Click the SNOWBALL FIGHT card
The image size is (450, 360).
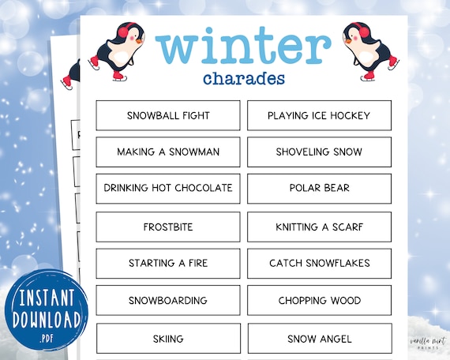click(x=168, y=115)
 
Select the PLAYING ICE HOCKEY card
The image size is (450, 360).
click(x=319, y=115)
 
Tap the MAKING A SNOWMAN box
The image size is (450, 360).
click(x=168, y=152)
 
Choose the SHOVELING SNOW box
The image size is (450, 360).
click(x=319, y=152)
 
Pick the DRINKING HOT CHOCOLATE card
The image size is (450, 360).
click(x=168, y=188)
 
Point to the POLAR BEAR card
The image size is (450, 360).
click(x=319, y=188)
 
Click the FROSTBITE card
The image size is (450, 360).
click(x=168, y=227)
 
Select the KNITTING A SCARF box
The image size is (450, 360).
click(x=319, y=227)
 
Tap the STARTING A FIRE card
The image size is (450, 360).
click(x=168, y=263)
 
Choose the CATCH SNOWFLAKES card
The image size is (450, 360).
click(x=319, y=263)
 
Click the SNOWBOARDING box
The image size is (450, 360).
click(x=168, y=300)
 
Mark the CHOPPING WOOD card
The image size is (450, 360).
click(x=319, y=300)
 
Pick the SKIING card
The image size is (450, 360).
click(x=168, y=339)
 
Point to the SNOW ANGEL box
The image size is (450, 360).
click(x=319, y=339)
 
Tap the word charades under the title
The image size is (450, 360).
click(x=244, y=79)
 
